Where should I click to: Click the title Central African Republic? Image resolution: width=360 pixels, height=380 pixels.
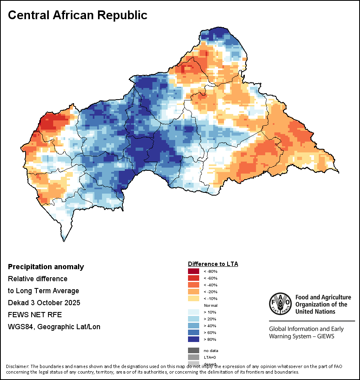(x=78, y=15)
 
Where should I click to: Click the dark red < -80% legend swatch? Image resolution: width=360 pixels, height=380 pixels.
(x=194, y=272)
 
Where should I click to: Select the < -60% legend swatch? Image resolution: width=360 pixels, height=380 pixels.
(x=194, y=278)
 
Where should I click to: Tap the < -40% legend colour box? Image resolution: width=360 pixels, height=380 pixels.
(x=194, y=285)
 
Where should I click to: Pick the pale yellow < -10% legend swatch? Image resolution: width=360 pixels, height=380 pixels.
(x=194, y=299)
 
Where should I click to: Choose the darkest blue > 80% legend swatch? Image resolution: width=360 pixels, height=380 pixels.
(x=194, y=340)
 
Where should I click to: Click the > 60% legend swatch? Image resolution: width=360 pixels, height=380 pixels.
(x=194, y=333)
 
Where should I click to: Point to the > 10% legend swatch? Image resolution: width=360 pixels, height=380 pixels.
(x=194, y=312)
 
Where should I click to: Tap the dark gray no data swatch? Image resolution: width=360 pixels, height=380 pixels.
(x=194, y=350)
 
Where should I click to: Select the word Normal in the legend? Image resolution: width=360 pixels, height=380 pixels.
(x=210, y=306)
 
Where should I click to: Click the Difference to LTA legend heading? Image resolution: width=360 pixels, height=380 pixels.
(x=213, y=264)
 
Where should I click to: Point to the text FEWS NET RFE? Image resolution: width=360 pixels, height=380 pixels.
(x=35, y=315)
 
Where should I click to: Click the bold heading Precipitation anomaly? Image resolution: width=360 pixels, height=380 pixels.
(x=46, y=267)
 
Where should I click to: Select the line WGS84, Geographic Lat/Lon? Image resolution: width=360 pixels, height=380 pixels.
(x=54, y=327)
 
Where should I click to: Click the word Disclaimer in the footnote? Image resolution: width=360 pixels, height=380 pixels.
(x=17, y=366)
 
